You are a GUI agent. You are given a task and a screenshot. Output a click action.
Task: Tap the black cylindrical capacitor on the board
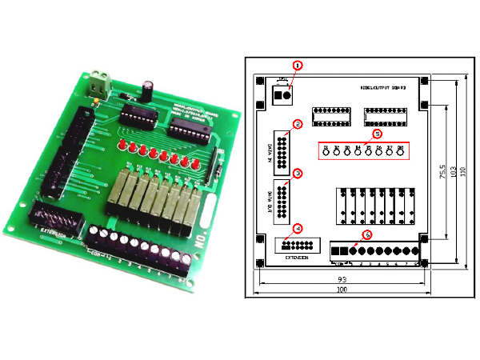[x=150, y=87]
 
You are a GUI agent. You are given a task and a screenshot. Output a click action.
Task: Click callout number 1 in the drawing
[x=297, y=64]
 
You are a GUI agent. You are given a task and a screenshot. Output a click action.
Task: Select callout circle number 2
[x=297, y=124]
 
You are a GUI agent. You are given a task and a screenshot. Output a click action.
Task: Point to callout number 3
[x=297, y=173]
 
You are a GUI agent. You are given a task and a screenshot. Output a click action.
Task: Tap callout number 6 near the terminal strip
[x=367, y=234]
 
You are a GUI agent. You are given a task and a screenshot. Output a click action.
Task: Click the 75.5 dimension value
[x=442, y=174]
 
